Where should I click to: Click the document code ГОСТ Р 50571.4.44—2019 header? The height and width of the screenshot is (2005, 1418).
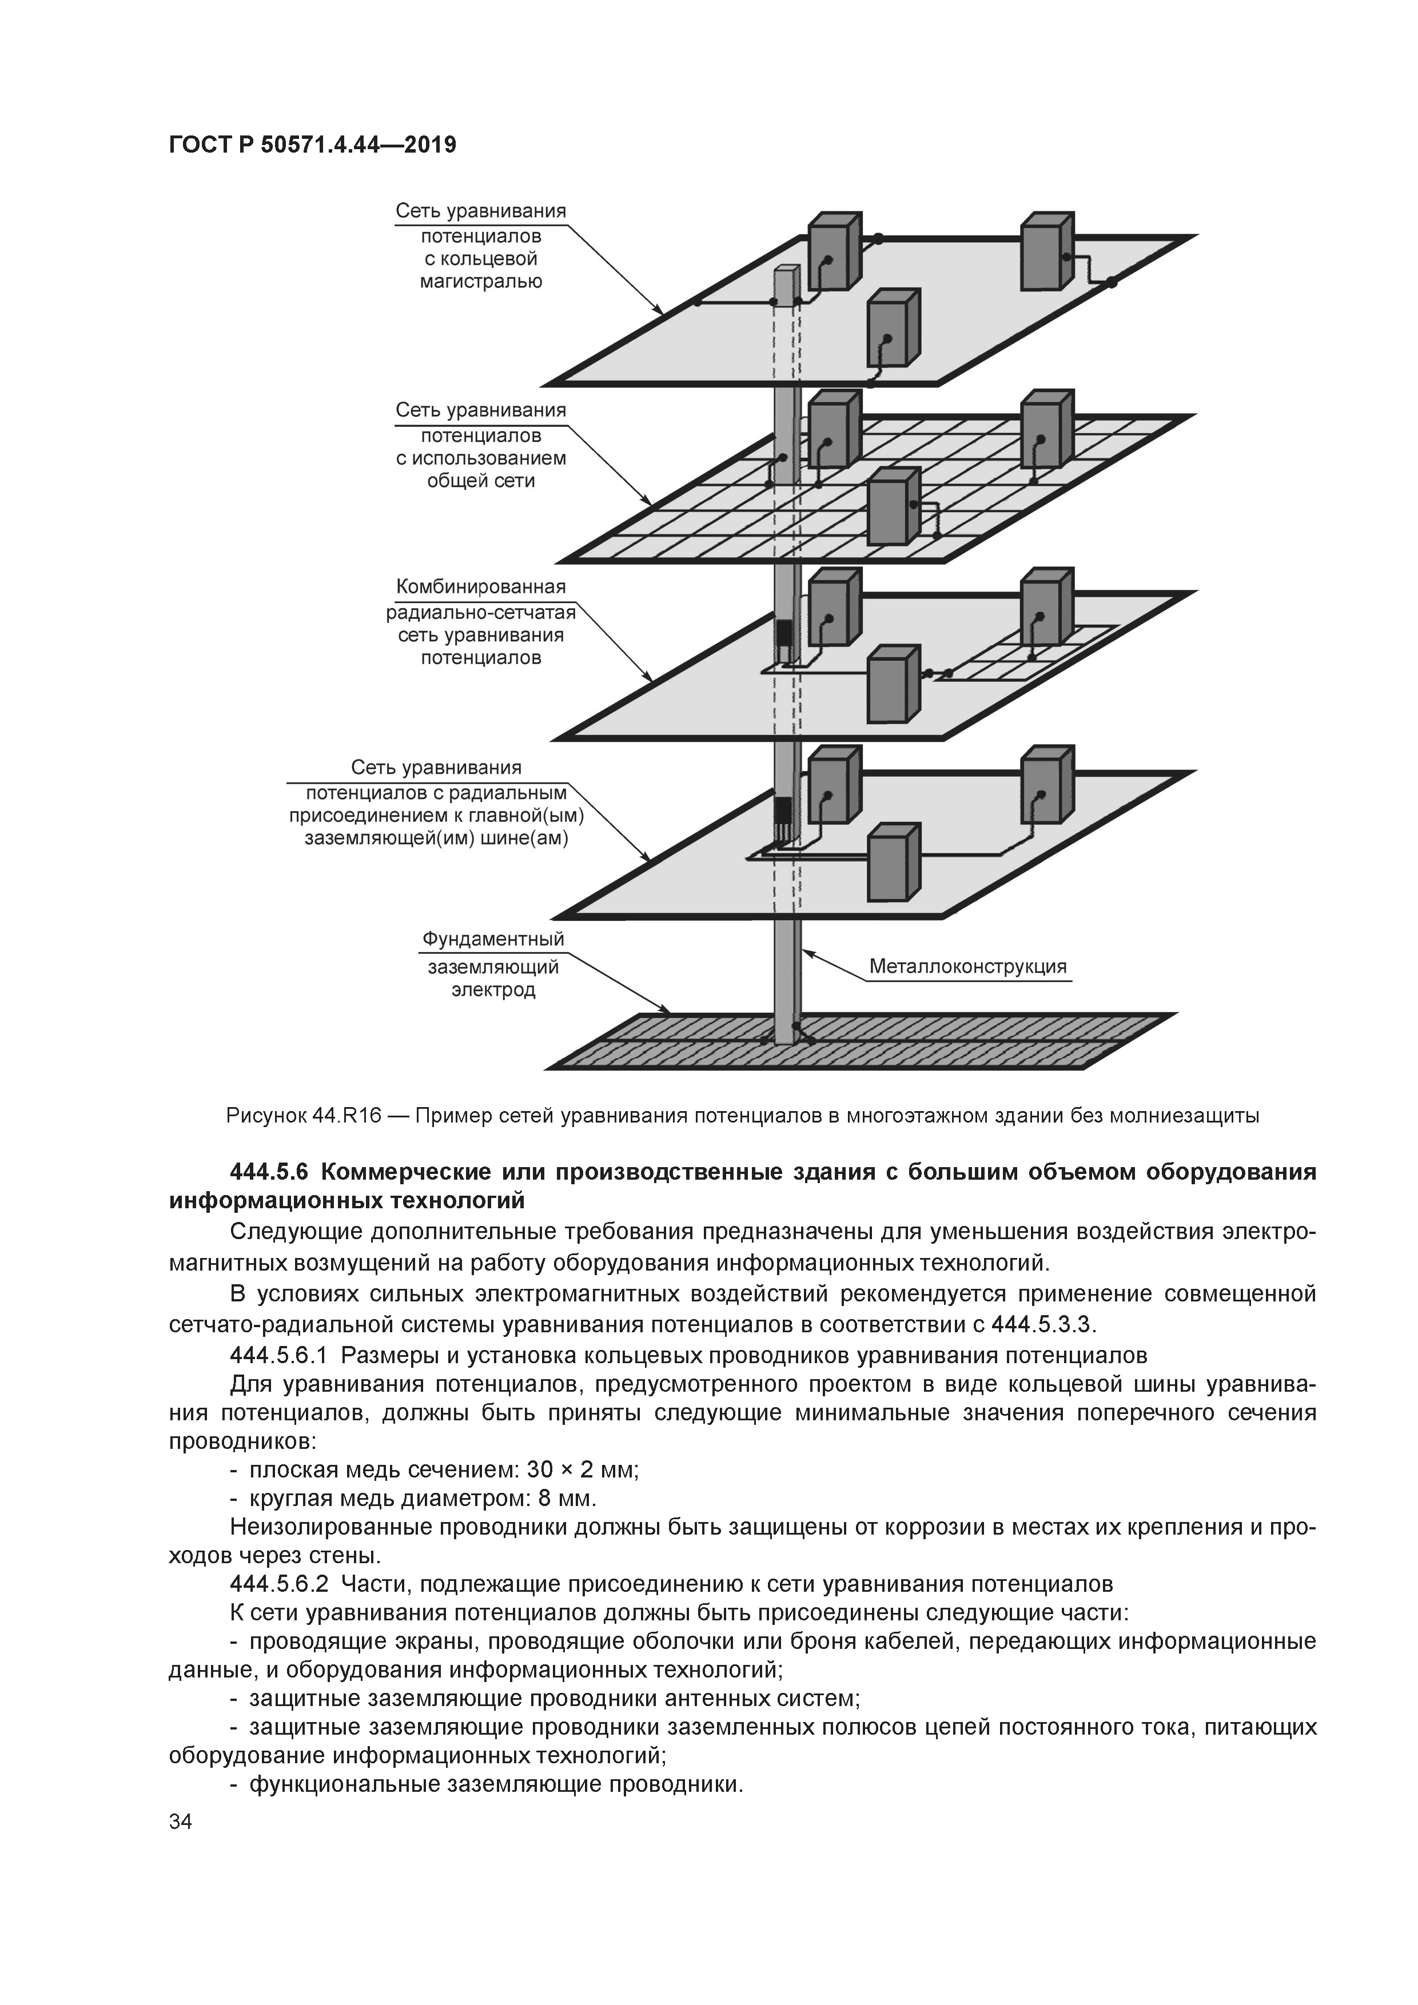(312, 145)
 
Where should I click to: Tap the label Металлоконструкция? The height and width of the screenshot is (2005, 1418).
(967, 966)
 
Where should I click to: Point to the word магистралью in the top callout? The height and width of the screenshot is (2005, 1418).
(480, 281)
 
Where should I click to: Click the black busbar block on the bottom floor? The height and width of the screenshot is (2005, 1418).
(784, 809)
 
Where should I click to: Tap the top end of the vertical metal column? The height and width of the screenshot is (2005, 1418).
(786, 270)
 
